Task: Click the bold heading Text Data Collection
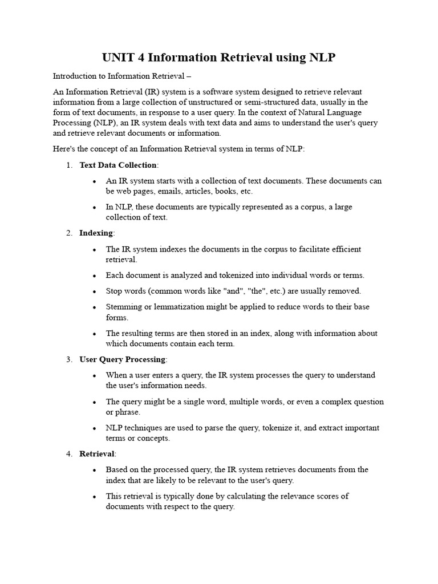click(118, 165)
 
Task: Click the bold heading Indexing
click(96, 233)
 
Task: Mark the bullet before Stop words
click(94, 291)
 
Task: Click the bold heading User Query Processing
click(122, 359)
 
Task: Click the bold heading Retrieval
click(97, 454)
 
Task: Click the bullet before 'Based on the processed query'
click(94, 470)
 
